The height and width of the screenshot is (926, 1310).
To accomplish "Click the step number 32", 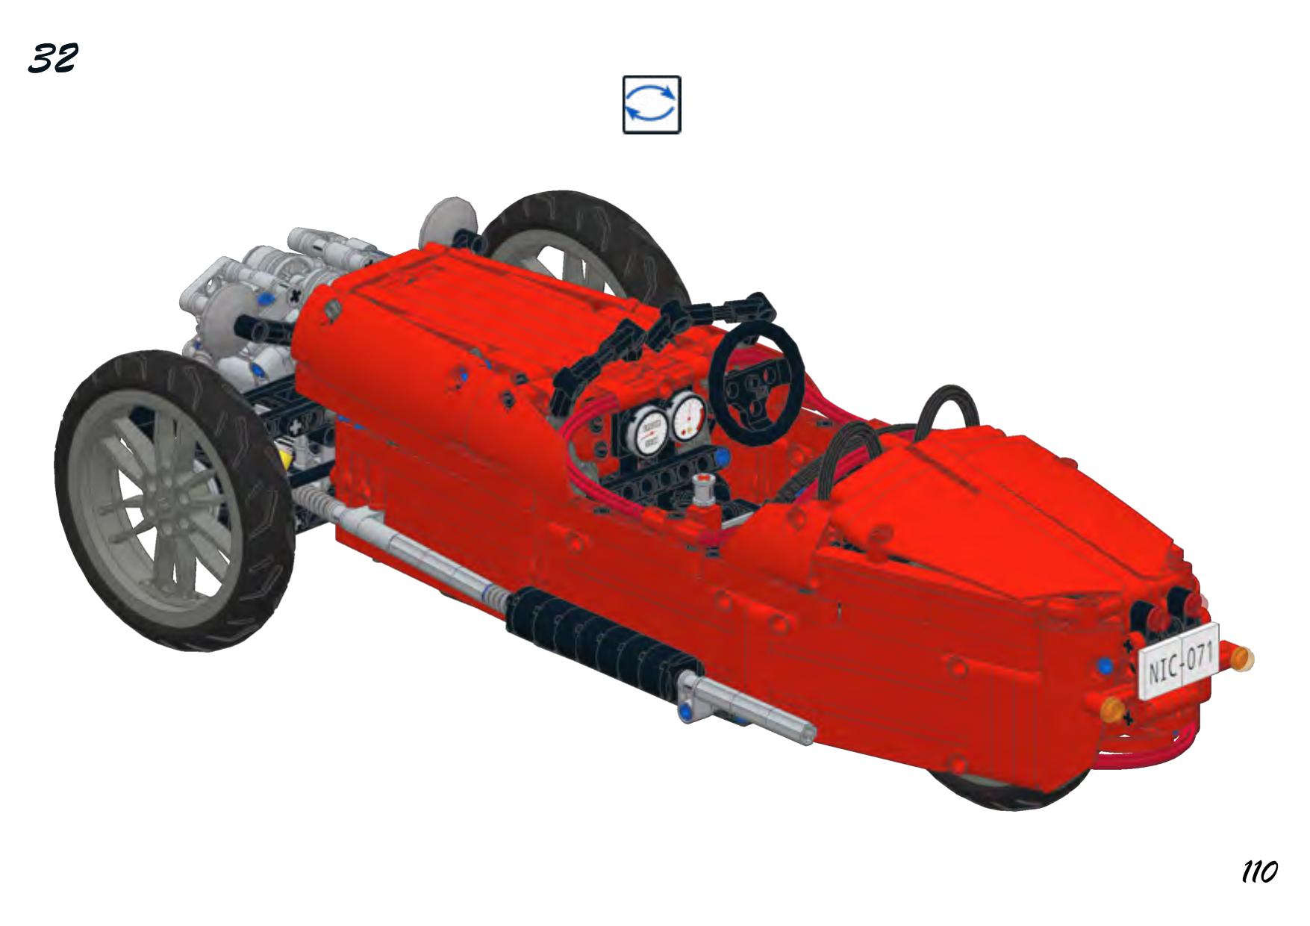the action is point(52,58).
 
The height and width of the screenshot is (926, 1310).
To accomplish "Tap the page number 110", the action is point(1259,871).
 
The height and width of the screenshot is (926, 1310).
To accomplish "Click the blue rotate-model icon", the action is point(652,105).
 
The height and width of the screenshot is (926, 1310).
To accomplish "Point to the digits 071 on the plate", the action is point(1200,656).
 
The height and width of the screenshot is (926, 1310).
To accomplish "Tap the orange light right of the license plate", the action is point(1241,658).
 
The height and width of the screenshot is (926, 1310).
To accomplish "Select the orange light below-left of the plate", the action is point(1113,708).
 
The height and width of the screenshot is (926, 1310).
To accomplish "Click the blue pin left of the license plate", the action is point(1105,666).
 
